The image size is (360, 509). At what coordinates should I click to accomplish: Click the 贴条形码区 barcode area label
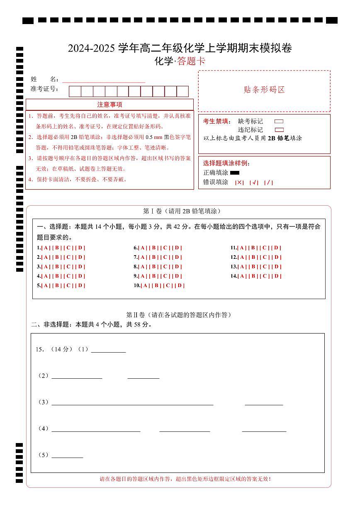point(264,90)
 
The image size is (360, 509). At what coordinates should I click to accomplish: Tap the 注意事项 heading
point(109,105)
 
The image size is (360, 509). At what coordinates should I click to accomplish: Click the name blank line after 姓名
point(104,80)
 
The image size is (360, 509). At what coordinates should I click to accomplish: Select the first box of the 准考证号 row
point(75,91)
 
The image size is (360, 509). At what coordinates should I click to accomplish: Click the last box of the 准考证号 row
point(182,91)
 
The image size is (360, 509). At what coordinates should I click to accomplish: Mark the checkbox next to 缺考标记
point(279,122)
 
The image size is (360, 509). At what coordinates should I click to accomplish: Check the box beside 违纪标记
point(279,130)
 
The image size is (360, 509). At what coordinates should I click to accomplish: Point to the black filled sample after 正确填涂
point(235,173)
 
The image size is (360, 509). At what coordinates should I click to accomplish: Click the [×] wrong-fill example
point(239,183)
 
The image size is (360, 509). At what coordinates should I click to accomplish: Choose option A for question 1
point(46,248)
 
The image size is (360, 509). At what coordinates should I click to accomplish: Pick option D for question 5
point(80,285)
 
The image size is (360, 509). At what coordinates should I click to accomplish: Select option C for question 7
point(165,257)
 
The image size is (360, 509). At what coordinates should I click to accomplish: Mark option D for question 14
point(277,276)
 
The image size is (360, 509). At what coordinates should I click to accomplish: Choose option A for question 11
point(242,248)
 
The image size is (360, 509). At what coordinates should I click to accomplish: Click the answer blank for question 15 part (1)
point(108,349)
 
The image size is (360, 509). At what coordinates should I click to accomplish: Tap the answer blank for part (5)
point(67,455)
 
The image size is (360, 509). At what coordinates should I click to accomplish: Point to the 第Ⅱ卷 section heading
point(178,315)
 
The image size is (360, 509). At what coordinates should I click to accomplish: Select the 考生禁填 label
point(215,122)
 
